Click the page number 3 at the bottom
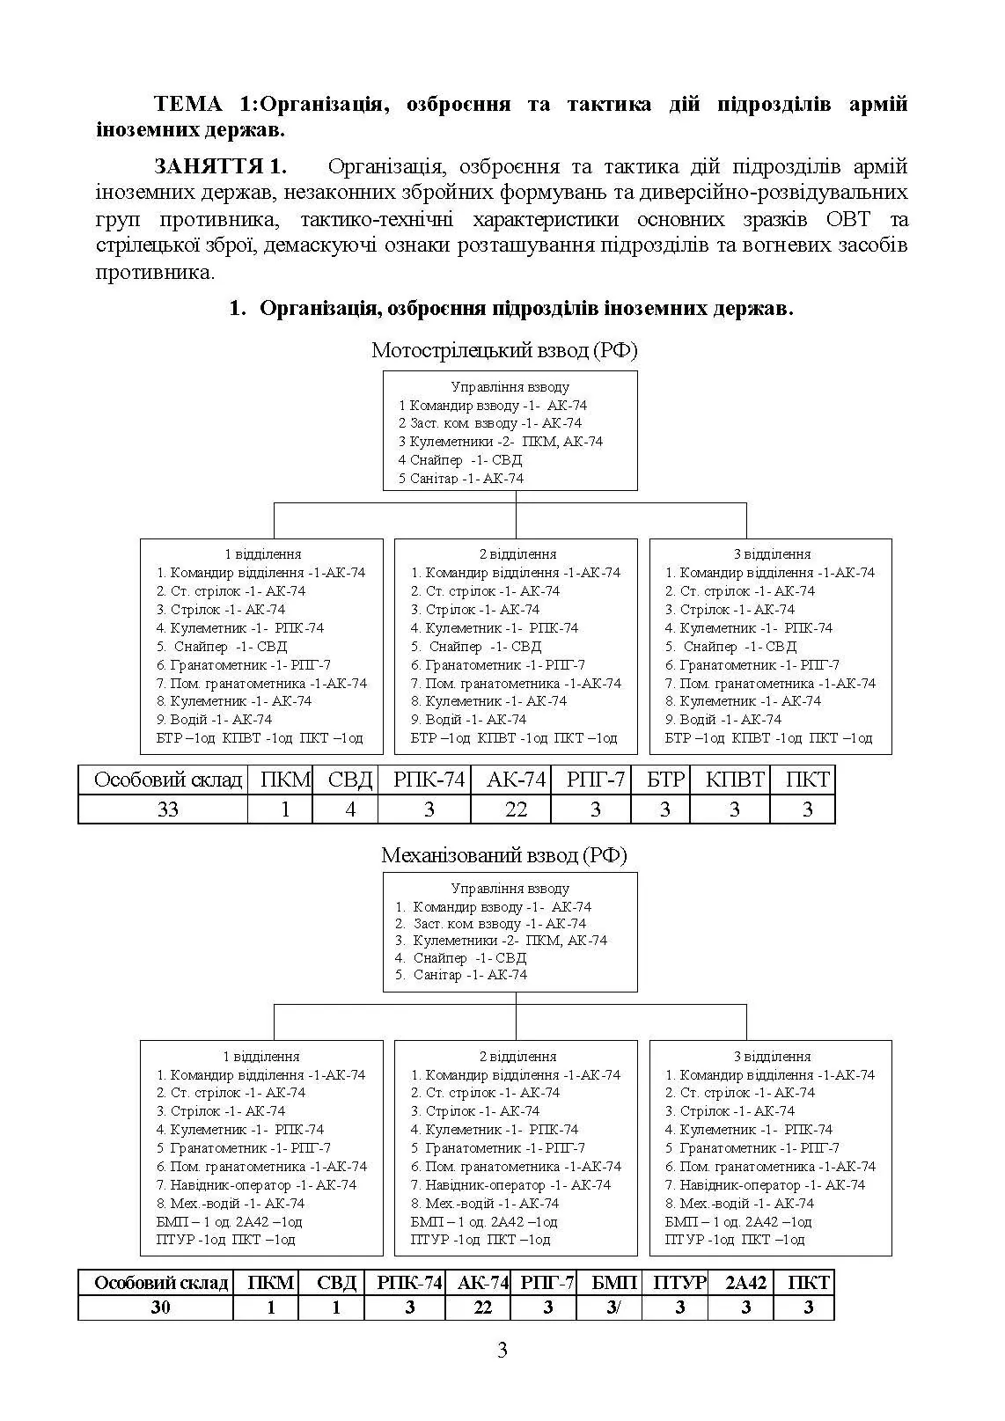point(502,1351)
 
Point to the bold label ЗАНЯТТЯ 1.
point(220,167)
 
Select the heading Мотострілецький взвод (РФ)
point(503,350)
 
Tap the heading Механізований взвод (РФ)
point(503,855)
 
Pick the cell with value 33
point(167,809)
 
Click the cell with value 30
point(160,1307)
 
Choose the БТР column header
point(665,780)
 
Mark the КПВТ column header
point(735,780)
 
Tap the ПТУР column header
point(679,1283)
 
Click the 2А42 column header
point(745,1283)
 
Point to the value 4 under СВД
point(349,809)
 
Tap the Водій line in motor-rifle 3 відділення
point(722,720)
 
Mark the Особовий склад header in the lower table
point(160,1283)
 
